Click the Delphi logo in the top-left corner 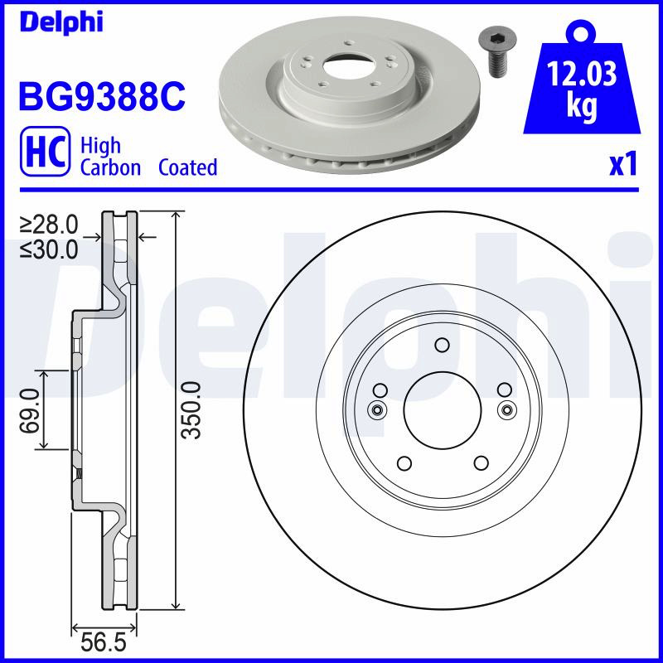(x=61, y=22)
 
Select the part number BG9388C (x=102, y=96)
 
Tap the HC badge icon (x=45, y=151)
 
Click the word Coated (x=188, y=167)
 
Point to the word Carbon (x=110, y=167)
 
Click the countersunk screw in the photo (x=494, y=54)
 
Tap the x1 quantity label (x=623, y=165)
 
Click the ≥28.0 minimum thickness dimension (x=49, y=225)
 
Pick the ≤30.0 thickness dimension (x=49, y=249)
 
